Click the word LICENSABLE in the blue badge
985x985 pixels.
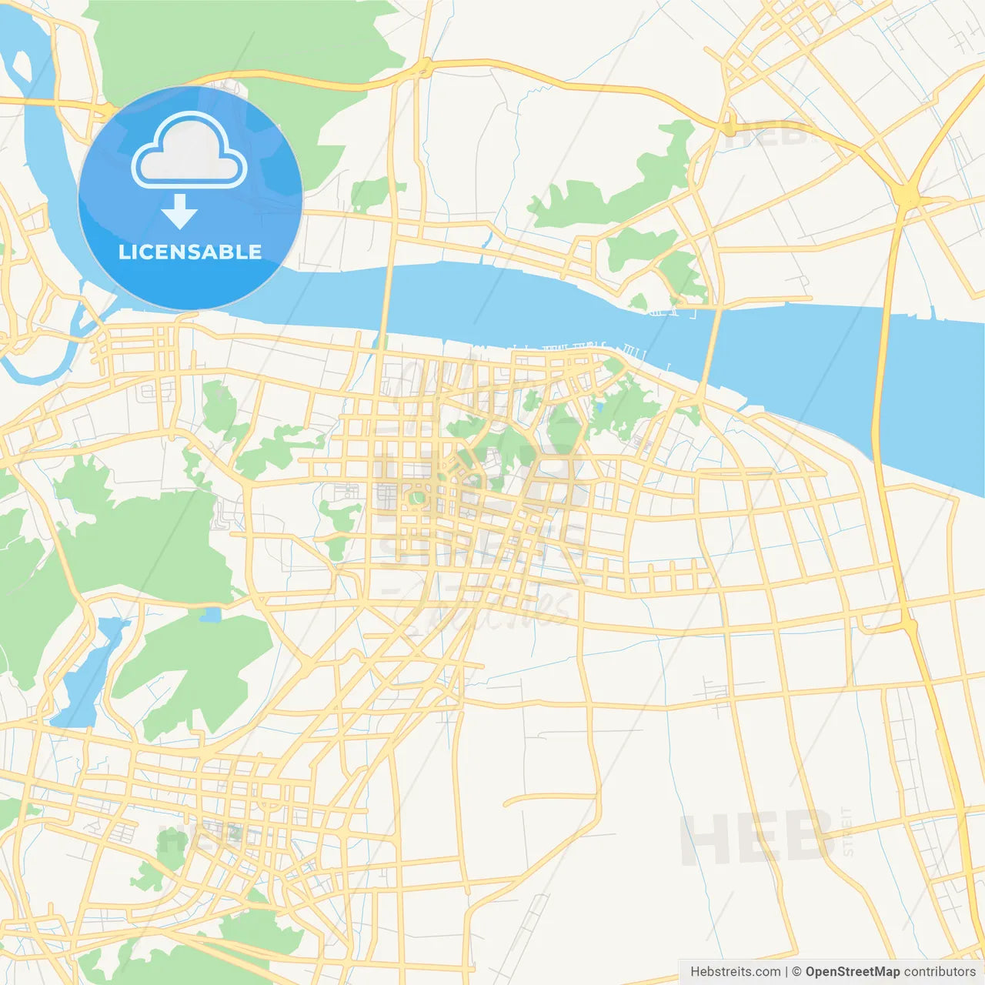click(189, 252)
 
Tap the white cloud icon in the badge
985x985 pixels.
click(189, 151)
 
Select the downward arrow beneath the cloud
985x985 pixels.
click(179, 212)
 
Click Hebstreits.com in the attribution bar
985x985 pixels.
click(735, 972)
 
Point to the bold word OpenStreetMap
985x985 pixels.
click(852, 972)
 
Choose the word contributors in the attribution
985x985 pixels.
click(940, 972)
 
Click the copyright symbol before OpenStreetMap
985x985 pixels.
click(796, 972)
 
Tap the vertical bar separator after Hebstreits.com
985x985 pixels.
click(786, 972)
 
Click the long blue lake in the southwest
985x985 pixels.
click(88, 677)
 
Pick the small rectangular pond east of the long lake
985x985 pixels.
click(210, 615)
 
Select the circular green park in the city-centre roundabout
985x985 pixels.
click(418, 499)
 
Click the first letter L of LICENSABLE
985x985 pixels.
click(124, 252)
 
